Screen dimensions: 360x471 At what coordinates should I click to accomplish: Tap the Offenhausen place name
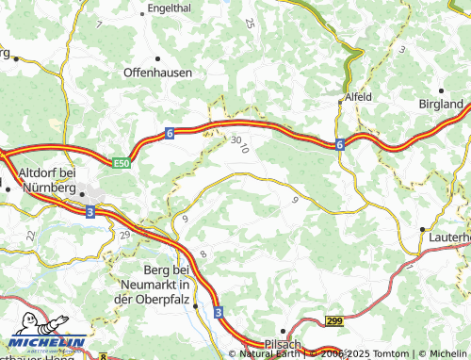point(158,72)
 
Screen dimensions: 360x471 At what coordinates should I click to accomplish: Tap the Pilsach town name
point(282,345)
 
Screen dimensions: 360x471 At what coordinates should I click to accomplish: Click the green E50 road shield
point(121,164)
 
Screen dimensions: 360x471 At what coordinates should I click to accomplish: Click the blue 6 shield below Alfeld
point(337,144)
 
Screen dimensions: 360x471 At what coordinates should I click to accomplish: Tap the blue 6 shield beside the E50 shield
point(170,134)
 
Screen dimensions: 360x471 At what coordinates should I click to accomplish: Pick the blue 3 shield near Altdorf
point(89,213)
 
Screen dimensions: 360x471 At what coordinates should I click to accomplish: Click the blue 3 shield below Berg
point(218,311)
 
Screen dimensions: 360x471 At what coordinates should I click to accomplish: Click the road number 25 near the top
point(250,23)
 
